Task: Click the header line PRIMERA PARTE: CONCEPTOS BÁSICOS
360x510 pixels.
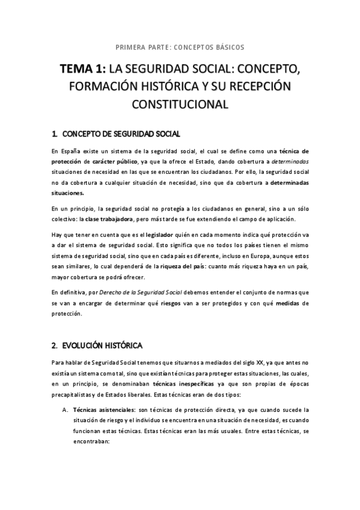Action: tap(180, 46)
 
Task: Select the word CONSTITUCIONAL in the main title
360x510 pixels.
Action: tap(180, 105)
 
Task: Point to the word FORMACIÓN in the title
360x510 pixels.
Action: tap(103, 87)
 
